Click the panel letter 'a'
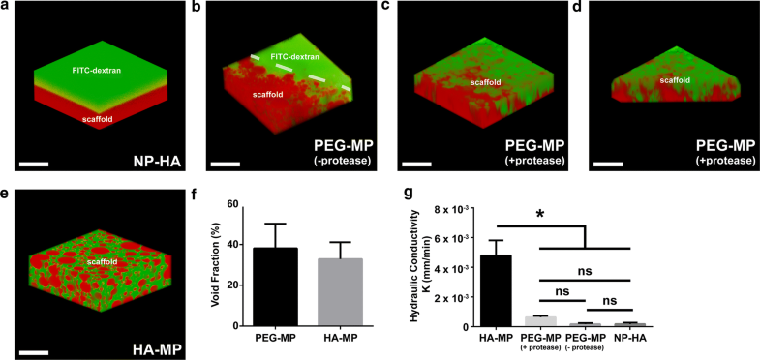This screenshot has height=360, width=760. [6, 7]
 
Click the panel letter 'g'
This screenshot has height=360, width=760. [414, 196]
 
